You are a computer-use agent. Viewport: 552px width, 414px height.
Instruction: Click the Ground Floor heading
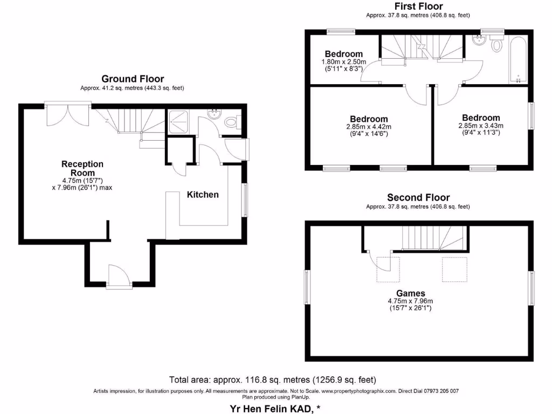[x=133, y=79]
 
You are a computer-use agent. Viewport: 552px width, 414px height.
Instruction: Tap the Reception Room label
[x=82, y=168]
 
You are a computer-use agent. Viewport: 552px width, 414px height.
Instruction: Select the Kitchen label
[x=203, y=195]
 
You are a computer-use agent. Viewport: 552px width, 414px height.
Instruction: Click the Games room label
[x=411, y=293]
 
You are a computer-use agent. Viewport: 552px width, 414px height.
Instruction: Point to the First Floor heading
[x=418, y=6]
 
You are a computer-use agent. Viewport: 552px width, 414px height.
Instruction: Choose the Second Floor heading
[x=418, y=198]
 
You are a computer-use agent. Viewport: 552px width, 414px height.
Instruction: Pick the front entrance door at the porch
[x=119, y=277]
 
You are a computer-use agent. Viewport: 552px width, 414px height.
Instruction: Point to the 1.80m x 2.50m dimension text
[x=344, y=62]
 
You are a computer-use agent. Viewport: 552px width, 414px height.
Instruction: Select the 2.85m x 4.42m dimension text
[x=368, y=127]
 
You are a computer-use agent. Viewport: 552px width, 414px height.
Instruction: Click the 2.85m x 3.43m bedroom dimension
[x=481, y=126]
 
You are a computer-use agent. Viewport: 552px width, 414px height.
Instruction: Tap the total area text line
[x=272, y=379]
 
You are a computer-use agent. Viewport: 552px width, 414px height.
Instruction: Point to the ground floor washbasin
[x=215, y=114]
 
